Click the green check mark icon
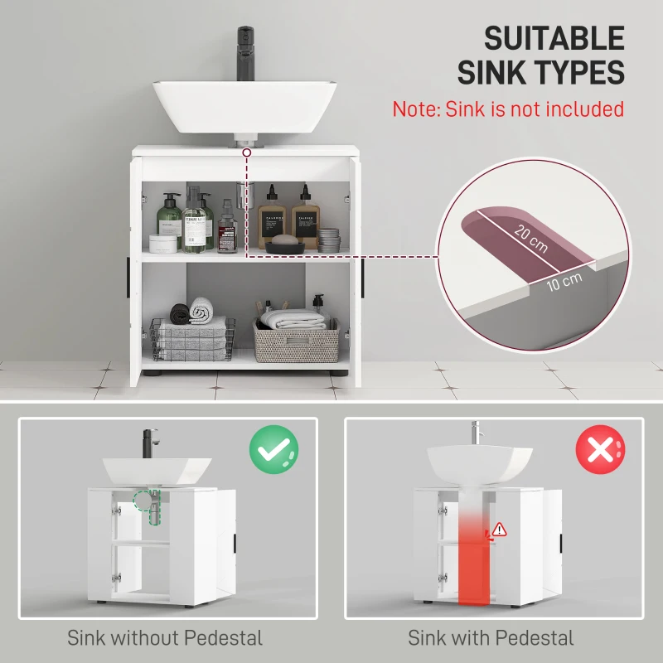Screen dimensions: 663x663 coord(273,449)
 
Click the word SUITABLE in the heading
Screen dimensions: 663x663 coord(554,39)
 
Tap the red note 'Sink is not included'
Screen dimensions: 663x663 coord(508,109)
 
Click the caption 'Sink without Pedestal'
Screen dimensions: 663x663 coord(165,637)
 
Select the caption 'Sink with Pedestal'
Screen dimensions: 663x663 coord(491,637)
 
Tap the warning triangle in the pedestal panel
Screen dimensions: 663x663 coord(499,529)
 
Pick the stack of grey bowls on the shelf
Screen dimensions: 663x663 coord(329,240)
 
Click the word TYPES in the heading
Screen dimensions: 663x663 coord(573,73)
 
